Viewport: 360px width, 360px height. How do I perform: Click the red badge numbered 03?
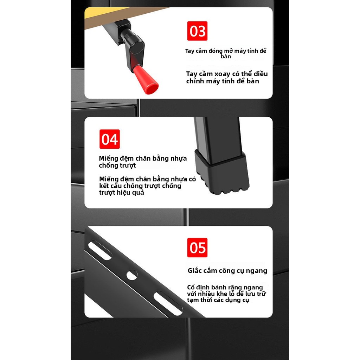pos(197,31)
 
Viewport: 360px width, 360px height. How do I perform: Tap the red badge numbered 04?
pos(110,139)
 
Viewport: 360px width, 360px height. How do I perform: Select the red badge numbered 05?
pos(197,248)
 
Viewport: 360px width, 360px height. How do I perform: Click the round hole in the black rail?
pos(132,275)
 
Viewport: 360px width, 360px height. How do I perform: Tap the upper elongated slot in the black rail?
pos(100,250)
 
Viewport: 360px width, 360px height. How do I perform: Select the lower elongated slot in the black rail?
pos(168,303)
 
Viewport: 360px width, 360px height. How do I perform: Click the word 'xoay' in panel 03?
pos(222,74)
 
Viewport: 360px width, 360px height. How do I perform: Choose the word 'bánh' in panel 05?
pos(219,287)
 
